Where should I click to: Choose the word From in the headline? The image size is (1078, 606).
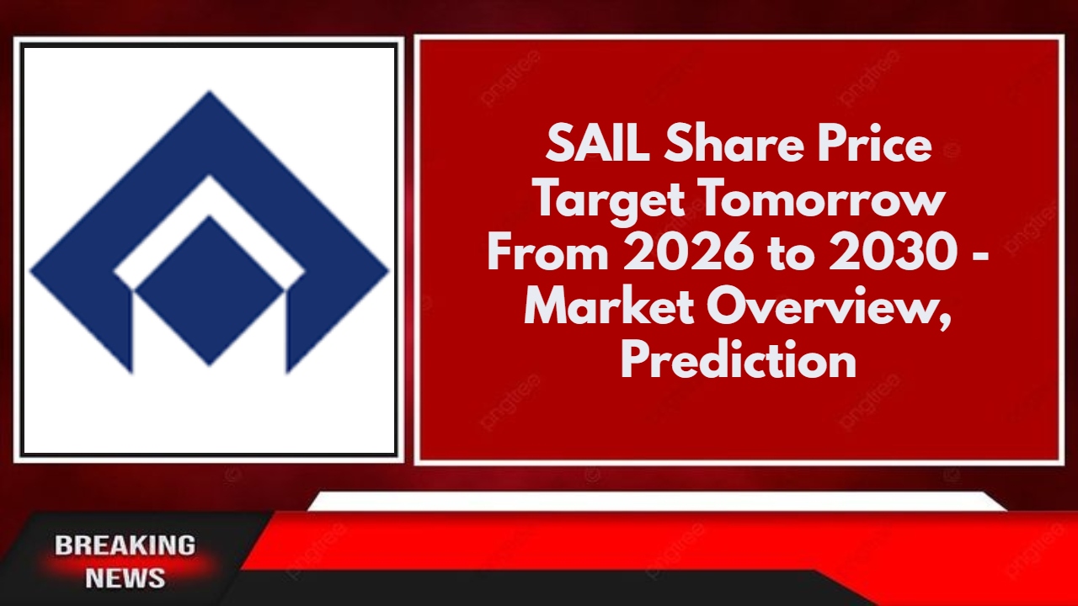[547, 254]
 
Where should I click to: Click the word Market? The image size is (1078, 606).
[609, 308]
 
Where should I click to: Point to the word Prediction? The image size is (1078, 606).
[739, 362]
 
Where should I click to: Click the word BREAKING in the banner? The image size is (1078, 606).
[125, 545]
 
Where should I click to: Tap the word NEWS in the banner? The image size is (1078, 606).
[125, 578]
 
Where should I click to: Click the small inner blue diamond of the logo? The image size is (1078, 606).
[209, 290]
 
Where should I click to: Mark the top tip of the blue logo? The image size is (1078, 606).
[209, 94]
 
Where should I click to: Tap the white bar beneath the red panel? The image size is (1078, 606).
[657, 502]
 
